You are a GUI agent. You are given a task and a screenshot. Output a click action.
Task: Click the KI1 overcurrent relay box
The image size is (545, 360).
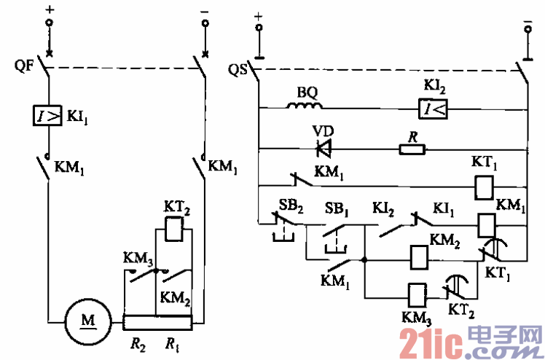pyautogui.click(x=47, y=114)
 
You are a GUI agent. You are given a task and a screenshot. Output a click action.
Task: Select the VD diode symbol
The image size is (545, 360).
pyautogui.click(x=323, y=149)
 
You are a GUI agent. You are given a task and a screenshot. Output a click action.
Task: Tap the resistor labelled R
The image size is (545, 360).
pyautogui.click(x=412, y=149)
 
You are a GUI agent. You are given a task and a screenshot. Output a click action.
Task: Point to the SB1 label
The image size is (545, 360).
pyautogui.click(x=335, y=203)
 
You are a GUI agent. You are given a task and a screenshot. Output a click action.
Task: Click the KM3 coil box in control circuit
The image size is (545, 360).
pyautogui.click(x=417, y=291)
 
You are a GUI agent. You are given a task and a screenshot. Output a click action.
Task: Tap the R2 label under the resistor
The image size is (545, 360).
pyautogui.click(x=138, y=341)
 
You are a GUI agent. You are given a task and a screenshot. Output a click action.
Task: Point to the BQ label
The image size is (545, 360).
pyautogui.click(x=305, y=93)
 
